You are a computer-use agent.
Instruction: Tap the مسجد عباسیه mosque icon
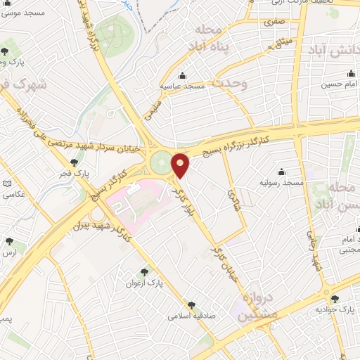click(184, 76)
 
